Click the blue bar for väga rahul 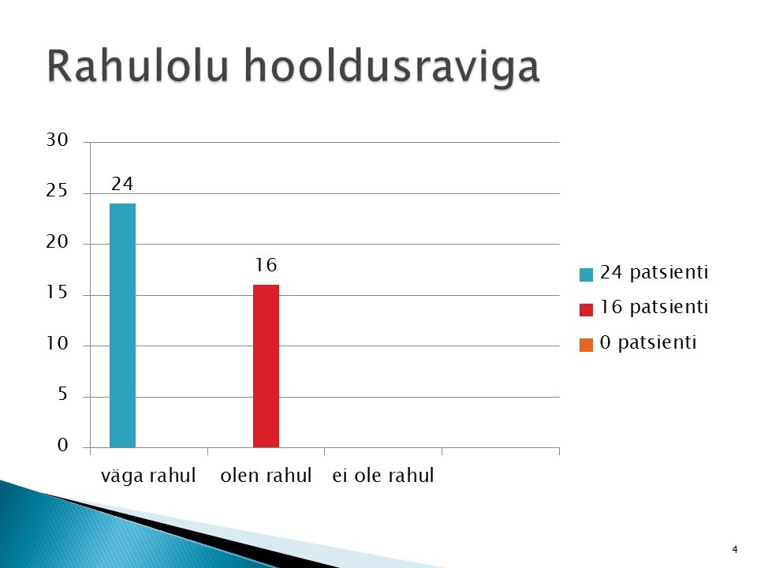tap(123, 326)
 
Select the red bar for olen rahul tap(266, 366)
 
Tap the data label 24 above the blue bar tap(122, 184)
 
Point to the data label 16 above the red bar tap(266, 265)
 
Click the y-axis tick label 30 tap(57, 140)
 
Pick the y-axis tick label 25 tap(57, 191)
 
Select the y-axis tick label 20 tap(57, 242)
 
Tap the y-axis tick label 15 tap(57, 293)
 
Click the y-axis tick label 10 tap(57, 344)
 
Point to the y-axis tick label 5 tap(63, 394)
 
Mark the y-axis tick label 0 tap(63, 445)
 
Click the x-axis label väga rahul tap(148, 476)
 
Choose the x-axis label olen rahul tap(266, 476)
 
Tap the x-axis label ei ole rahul tap(383, 476)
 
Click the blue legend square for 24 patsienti tap(586, 275)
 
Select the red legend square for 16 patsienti tap(586, 310)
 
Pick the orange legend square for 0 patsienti tap(586, 346)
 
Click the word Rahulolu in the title tap(137, 65)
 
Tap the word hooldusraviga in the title tap(392, 69)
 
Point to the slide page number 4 tap(735, 550)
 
